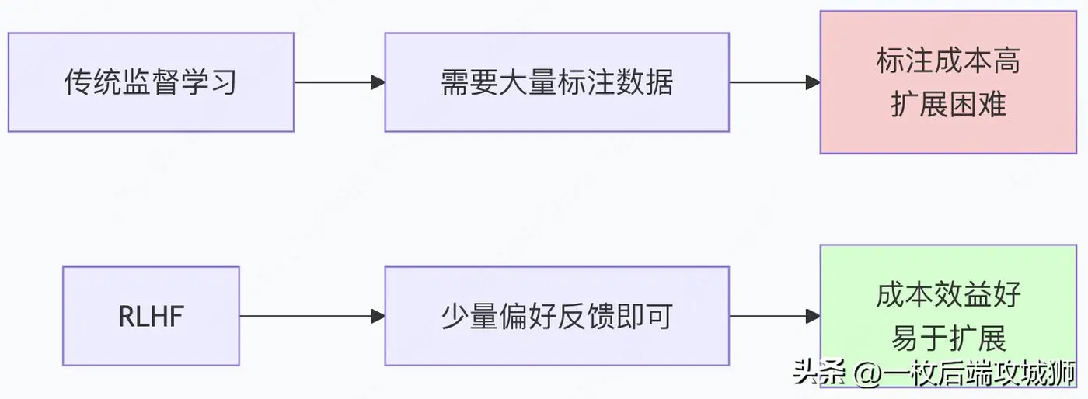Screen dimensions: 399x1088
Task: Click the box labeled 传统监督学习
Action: [151, 82]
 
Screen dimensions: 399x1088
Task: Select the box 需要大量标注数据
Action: [556, 82]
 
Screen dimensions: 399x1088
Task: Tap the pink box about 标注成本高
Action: [948, 82]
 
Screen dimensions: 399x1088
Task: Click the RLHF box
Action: [151, 316]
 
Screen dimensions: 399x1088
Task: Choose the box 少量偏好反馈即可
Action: [556, 316]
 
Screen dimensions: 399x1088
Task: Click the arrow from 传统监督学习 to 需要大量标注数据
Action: [339, 82]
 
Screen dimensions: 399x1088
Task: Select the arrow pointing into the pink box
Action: [775, 82]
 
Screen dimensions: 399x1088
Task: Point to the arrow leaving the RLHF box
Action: [311, 316]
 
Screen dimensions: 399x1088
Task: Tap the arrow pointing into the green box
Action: [775, 316]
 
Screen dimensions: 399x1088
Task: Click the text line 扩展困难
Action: [948, 103]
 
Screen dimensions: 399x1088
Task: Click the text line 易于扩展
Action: [948, 338]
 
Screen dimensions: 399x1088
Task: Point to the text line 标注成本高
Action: [948, 61]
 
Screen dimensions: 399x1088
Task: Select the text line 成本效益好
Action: [948, 295]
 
